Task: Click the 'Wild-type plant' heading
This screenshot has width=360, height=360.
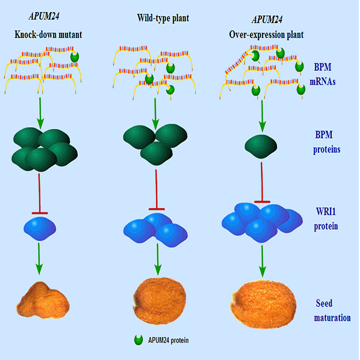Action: (163, 18)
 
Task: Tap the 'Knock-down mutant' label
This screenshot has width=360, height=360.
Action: (48, 35)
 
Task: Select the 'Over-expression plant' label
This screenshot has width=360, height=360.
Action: (266, 35)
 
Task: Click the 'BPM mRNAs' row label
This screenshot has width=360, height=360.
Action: (323, 74)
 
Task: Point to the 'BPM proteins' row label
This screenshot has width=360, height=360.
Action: (327, 142)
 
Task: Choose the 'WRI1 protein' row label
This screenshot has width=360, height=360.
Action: (326, 218)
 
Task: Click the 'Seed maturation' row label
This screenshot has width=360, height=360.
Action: (332, 310)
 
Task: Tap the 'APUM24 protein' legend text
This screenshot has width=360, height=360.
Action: (168, 340)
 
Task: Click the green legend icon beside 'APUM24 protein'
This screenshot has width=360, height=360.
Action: (138, 340)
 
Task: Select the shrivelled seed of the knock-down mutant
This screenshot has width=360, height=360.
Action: (43, 300)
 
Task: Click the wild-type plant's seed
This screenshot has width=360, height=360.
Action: (160, 301)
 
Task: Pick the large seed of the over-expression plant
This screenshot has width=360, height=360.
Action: (263, 304)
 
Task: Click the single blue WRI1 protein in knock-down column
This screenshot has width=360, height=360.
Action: (40, 229)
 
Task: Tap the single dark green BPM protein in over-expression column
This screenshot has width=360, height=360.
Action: (261, 146)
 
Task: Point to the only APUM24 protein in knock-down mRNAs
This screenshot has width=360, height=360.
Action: (75, 56)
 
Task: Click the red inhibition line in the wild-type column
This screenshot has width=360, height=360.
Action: (156, 190)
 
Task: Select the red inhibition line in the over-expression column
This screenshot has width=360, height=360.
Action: (262, 183)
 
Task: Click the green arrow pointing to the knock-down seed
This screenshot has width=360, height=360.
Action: (39, 259)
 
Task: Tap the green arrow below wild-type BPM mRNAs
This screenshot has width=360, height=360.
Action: (156, 114)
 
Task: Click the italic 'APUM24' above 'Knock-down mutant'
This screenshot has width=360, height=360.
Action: (44, 16)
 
